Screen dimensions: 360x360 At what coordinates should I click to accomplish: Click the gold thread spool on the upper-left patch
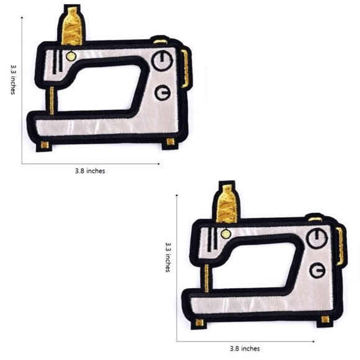click(x=72, y=27)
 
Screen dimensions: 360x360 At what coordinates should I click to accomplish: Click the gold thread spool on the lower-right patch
click(x=227, y=204)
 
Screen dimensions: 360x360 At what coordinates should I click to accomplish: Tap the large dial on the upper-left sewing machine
click(x=162, y=61)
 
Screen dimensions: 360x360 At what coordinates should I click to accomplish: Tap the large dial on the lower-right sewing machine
click(x=317, y=238)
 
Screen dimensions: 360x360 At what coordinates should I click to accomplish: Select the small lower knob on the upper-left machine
click(x=163, y=92)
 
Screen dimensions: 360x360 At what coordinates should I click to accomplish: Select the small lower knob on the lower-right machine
click(x=318, y=270)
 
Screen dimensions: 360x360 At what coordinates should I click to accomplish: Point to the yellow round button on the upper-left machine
click(x=71, y=56)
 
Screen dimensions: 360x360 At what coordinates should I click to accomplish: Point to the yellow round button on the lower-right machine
click(x=226, y=234)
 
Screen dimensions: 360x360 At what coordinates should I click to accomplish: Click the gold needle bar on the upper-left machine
click(x=52, y=101)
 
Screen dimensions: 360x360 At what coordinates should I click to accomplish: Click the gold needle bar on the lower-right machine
click(x=207, y=278)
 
